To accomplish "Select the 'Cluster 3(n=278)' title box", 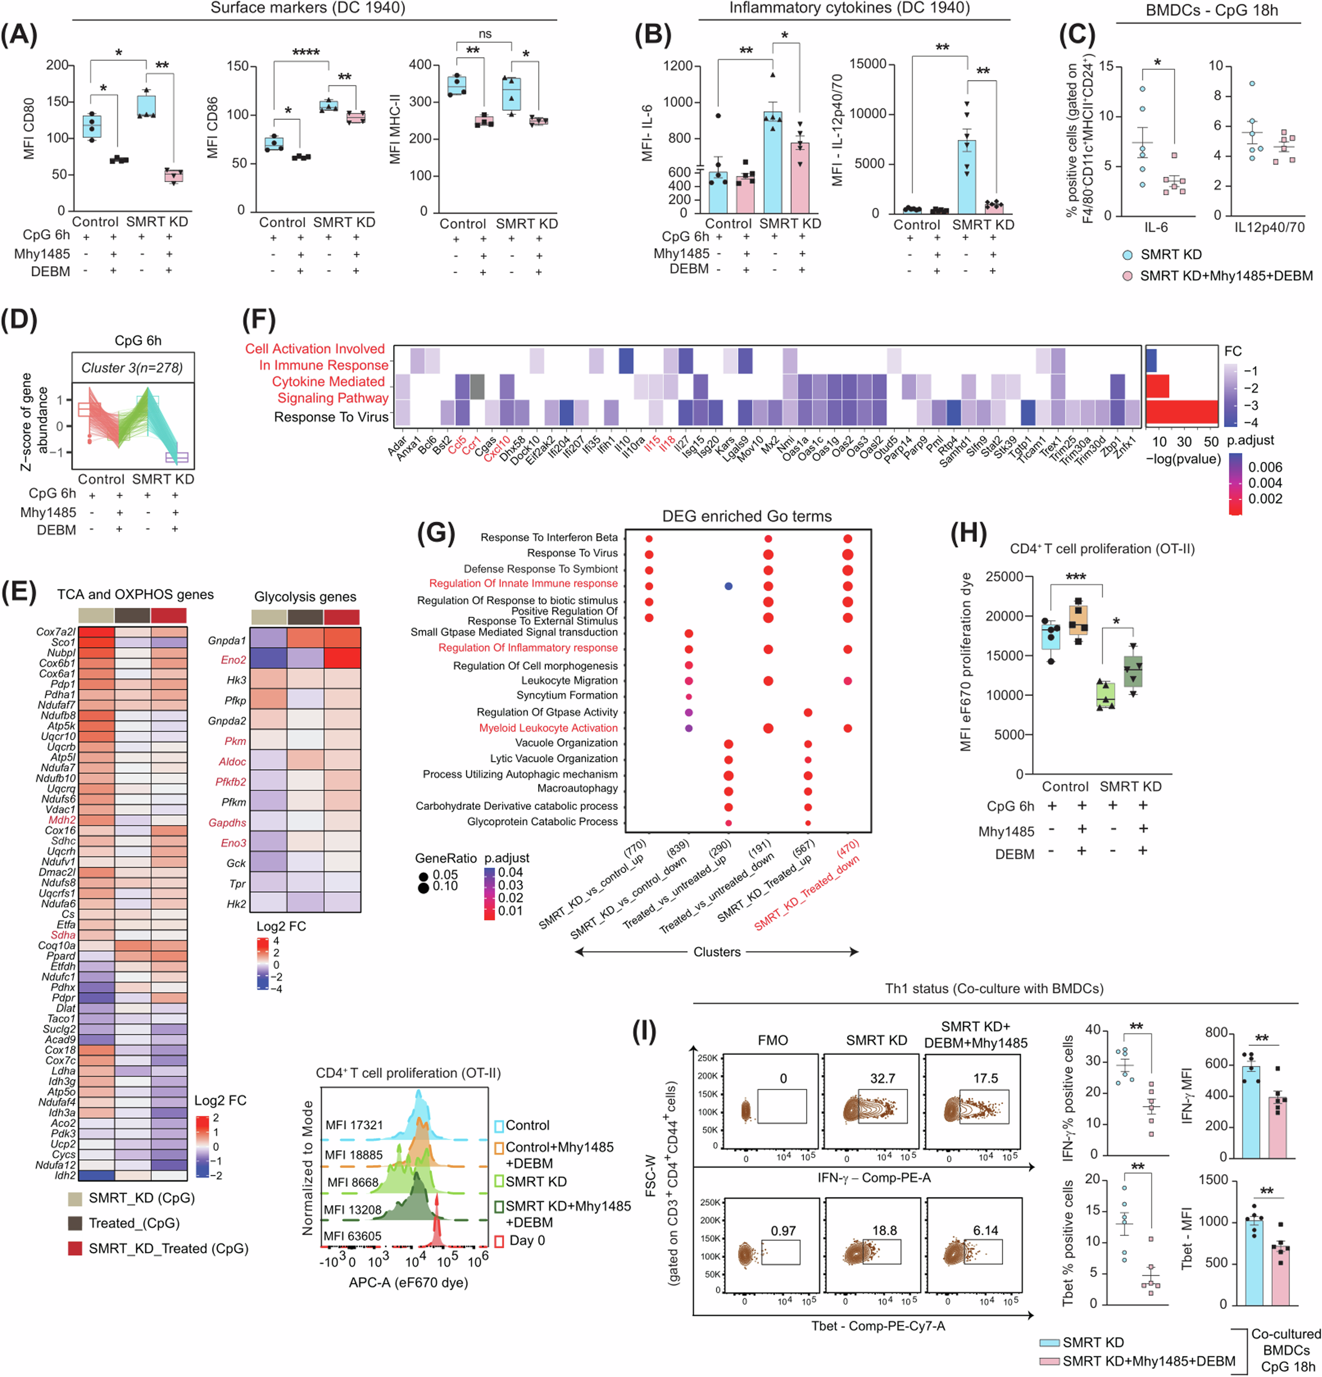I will click(132, 367).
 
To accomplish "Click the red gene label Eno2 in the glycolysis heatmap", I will click(234, 660).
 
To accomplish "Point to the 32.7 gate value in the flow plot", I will click(882, 1078).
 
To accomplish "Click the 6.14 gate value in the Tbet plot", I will click(985, 1230).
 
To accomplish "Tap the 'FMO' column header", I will click(773, 1040).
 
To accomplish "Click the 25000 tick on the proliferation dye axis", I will click(1004, 577).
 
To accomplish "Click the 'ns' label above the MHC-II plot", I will click(485, 34).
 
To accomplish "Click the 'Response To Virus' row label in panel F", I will click(331, 417).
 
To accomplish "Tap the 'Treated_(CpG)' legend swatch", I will click(75, 1223).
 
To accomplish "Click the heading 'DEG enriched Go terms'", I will click(747, 516).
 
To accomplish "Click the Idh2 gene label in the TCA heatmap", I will click(65, 1175).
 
